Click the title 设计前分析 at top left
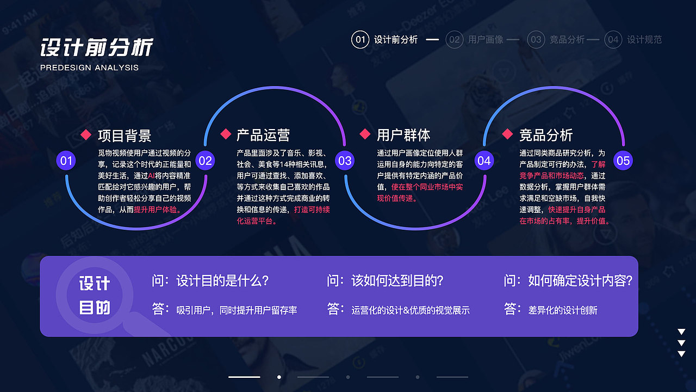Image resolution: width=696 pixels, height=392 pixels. (97, 47)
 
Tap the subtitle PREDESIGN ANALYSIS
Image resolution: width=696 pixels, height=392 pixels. (89, 68)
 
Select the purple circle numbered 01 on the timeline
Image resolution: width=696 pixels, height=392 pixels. (66, 161)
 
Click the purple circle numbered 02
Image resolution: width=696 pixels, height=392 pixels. (205, 161)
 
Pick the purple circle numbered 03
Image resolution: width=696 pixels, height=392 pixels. (345, 161)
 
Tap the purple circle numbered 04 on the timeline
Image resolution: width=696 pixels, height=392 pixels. (484, 161)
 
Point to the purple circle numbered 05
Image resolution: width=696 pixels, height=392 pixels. (623, 161)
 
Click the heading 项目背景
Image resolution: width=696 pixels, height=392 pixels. (125, 135)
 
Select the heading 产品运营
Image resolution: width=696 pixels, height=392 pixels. (263, 135)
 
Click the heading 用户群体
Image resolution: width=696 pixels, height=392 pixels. (403, 135)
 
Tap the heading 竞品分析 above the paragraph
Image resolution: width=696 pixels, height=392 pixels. (546, 135)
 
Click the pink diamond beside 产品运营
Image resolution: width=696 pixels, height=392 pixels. (226, 134)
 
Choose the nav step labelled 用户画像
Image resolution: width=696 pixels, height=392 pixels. (486, 40)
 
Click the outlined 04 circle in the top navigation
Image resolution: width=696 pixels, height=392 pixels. (613, 40)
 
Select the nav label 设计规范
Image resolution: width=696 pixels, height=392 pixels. (644, 40)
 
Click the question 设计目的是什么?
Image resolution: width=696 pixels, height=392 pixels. (222, 281)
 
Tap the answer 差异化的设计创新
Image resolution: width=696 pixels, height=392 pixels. (563, 310)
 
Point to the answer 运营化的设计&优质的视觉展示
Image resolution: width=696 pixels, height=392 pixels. (411, 310)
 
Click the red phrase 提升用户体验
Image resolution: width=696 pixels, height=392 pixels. (158, 210)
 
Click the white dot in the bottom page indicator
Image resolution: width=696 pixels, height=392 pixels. (279, 377)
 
